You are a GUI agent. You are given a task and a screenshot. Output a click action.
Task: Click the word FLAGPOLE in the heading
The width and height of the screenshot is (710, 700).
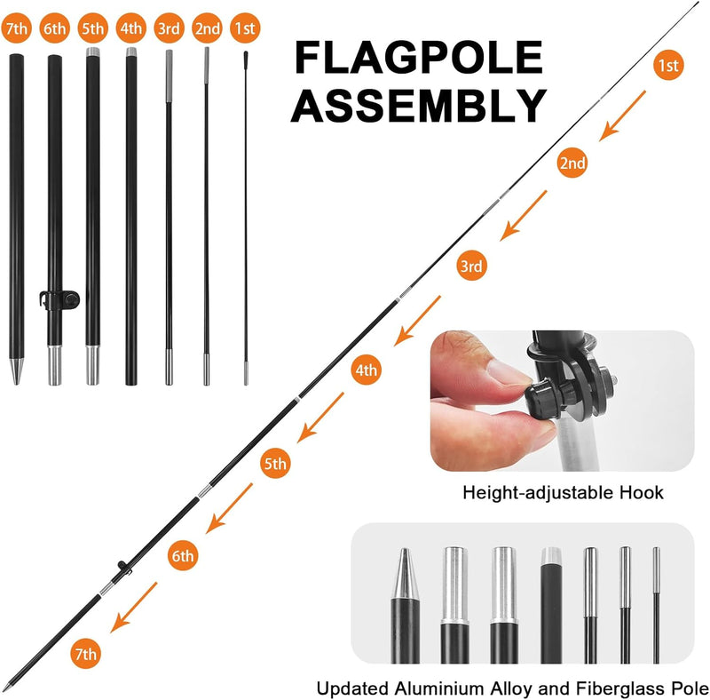coord(419,57)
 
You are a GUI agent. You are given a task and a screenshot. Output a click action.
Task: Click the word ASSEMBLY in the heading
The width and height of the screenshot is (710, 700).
coord(419,105)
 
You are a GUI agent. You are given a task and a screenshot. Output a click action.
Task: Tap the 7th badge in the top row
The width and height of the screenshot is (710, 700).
coord(17,28)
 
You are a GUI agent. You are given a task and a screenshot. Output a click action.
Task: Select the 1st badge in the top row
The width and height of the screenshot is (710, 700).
coord(245,28)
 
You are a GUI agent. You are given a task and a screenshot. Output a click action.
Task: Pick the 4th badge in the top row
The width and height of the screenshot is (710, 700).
coord(130,28)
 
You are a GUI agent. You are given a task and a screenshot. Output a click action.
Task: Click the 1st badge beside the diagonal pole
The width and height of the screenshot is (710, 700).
coord(668,65)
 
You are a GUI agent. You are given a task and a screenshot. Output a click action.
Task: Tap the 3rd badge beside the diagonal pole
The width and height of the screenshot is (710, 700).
coord(471,266)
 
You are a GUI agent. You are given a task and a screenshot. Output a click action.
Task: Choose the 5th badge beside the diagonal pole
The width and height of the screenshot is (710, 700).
coord(275,463)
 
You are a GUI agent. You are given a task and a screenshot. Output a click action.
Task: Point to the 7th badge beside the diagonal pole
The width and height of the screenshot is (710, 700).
coord(85,653)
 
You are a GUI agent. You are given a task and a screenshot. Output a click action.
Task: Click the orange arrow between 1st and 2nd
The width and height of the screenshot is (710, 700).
coord(623,115)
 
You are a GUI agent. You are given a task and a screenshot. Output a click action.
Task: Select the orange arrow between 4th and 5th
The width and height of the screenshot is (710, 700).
coord(320,418)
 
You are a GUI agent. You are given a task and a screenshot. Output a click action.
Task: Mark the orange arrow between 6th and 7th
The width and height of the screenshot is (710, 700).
coord(134,607)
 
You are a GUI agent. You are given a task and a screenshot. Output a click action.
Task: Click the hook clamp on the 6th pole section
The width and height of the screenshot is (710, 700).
coord(59,299)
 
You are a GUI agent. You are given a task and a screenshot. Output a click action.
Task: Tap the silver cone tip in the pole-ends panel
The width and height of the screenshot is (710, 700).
coord(405,574)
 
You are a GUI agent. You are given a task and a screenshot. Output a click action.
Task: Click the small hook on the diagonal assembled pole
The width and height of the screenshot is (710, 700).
coord(123,567)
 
